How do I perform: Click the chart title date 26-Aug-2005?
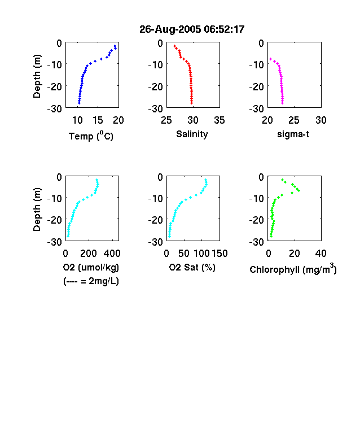point(170,29)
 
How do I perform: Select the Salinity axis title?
point(192,134)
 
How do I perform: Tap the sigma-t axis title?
point(293,134)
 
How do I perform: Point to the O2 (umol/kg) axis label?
point(91,267)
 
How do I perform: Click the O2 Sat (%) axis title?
point(192,267)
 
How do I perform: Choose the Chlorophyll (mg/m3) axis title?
point(293,268)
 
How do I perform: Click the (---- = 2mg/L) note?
point(91,281)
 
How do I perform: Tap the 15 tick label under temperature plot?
point(98,120)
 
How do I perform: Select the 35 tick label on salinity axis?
point(219,120)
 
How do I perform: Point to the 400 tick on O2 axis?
point(112,254)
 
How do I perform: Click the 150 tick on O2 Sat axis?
point(219,254)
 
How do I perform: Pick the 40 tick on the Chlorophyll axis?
point(321,254)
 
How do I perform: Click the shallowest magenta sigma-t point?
point(270,59)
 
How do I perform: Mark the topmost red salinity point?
point(174,46)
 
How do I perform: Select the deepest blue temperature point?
point(79,103)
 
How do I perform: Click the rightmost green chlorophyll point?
point(298,190)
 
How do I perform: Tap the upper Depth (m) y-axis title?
point(37,76)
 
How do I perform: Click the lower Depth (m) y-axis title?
point(37,210)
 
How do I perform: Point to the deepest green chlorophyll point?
point(271,236)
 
